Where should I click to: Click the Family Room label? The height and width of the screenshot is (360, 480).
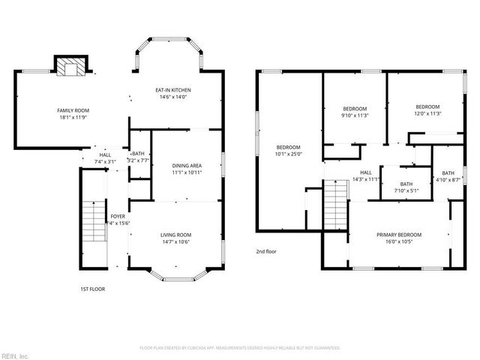pos(73,110)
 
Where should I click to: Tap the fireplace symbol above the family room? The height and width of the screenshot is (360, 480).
pos(71,67)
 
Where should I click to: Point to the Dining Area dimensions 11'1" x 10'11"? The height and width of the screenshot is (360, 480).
pos(187,172)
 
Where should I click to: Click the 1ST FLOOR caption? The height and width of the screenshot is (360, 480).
pos(92,289)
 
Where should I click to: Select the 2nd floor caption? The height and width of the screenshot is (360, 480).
pos(267,251)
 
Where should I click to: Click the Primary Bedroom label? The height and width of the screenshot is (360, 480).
pos(398,234)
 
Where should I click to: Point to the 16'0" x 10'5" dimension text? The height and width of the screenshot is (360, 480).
pos(398,241)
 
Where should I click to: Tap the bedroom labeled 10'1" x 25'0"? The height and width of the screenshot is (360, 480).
pos(288,150)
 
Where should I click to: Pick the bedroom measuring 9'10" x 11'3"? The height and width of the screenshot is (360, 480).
pos(355,111)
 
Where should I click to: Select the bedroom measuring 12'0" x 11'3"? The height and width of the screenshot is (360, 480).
pos(427,109)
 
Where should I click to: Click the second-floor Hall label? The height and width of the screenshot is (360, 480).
pos(366,172)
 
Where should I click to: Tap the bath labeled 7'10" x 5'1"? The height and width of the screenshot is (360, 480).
pos(406,187)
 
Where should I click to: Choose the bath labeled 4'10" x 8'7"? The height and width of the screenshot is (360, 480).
pos(448,177)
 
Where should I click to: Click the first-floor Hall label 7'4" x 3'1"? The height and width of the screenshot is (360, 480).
pos(105,158)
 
